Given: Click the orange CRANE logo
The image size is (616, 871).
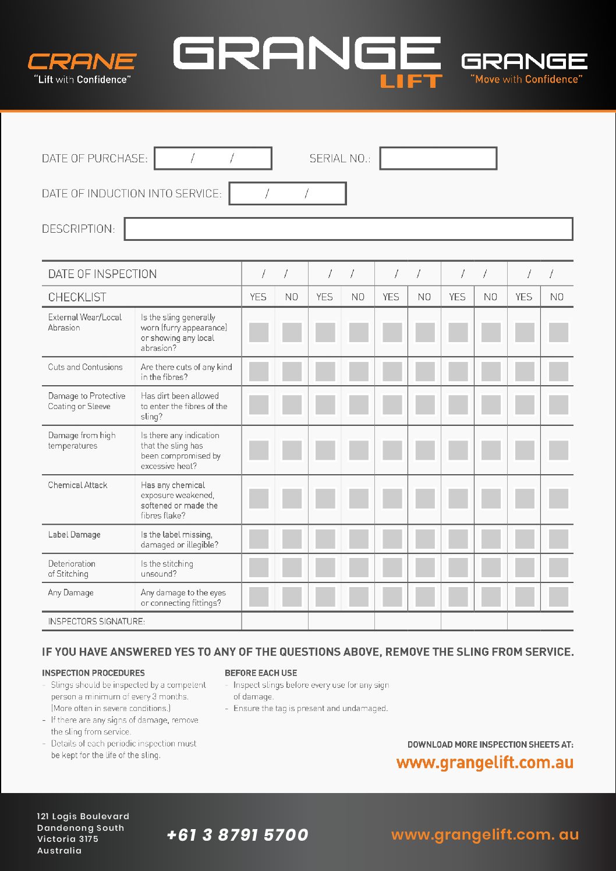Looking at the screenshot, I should (82, 61).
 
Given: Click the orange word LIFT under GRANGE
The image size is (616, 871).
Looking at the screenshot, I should (411, 81).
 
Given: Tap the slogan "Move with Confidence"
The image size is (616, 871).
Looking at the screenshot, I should (526, 79).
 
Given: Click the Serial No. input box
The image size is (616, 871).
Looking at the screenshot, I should (438, 158).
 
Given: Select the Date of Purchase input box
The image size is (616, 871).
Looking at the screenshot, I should (213, 158).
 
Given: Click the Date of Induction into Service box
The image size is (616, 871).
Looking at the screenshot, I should (288, 194).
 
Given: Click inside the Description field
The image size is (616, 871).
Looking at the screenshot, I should (348, 229).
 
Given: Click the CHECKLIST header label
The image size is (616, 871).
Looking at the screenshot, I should (77, 297).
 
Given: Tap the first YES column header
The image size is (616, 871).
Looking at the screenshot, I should (258, 297).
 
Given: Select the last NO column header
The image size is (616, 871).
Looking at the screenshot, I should (557, 297).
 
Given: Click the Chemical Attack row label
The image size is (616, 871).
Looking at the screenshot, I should (77, 485).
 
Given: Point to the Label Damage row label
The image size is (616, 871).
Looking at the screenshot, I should (74, 534).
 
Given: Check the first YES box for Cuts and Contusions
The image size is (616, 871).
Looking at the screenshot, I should (259, 371).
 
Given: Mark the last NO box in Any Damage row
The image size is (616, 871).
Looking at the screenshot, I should (558, 597).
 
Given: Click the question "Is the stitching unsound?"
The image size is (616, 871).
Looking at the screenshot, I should (167, 568).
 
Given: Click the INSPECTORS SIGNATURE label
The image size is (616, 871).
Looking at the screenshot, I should (96, 621).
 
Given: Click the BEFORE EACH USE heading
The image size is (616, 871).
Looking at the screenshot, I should (260, 673).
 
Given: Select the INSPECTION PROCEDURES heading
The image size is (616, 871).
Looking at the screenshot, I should (93, 673).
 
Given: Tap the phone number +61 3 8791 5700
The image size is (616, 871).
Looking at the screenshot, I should (237, 835).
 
